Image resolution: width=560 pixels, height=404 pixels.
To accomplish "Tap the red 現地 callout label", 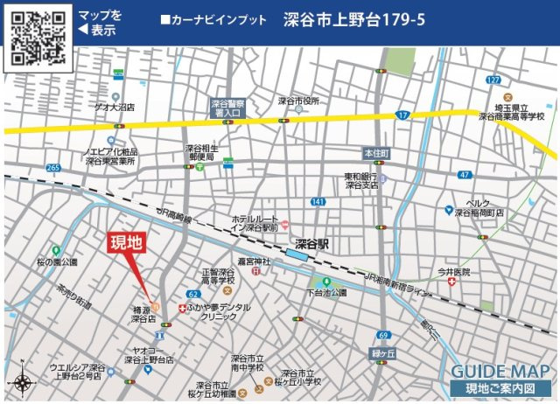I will click(x=126, y=243).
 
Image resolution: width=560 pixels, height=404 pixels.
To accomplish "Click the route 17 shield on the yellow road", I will click(x=402, y=115).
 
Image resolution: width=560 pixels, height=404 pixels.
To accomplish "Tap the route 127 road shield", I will click(x=493, y=80).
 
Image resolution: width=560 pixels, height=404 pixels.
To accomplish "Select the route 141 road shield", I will click(x=318, y=202).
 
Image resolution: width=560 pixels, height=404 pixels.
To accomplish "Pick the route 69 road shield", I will click(x=383, y=335).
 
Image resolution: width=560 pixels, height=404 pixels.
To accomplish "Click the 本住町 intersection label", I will click(x=377, y=153).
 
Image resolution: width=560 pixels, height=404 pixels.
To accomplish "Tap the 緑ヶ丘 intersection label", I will click(x=384, y=353).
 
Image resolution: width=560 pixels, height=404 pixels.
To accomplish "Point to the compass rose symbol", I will click(x=22, y=383).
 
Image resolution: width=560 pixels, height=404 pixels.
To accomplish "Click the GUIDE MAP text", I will click(x=500, y=370).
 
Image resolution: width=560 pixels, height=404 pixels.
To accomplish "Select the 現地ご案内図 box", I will click(x=500, y=387).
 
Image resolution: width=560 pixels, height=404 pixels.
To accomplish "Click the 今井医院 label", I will click(x=454, y=272).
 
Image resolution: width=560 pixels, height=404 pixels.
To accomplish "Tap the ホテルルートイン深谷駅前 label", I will click(x=254, y=223).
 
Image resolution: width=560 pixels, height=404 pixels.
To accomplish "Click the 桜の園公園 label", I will click(x=57, y=261).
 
